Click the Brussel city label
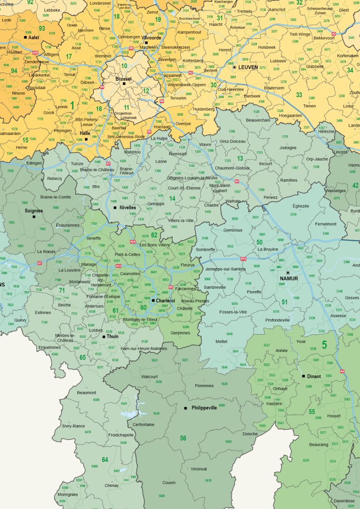click(x=123, y=79)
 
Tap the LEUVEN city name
click(x=248, y=67)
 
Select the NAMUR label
click(x=289, y=278)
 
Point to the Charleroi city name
click(x=165, y=300)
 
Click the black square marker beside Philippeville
click(x=186, y=408)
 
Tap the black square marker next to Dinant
click(x=304, y=376)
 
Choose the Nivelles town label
click(x=127, y=208)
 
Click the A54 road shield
click(x=133, y=242)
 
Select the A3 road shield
click(x=191, y=73)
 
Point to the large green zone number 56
click(x=183, y=438)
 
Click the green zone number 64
click(x=105, y=459)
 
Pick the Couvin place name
click(x=169, y=482)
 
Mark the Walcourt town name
click(x=150, y=376)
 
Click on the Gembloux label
click(x=233, y=230)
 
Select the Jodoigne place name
click(x=288, y=148)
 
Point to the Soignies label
click(x=34, y=210)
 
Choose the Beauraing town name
click(x=319, y=444)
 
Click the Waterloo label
click(x=132, y=152)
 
